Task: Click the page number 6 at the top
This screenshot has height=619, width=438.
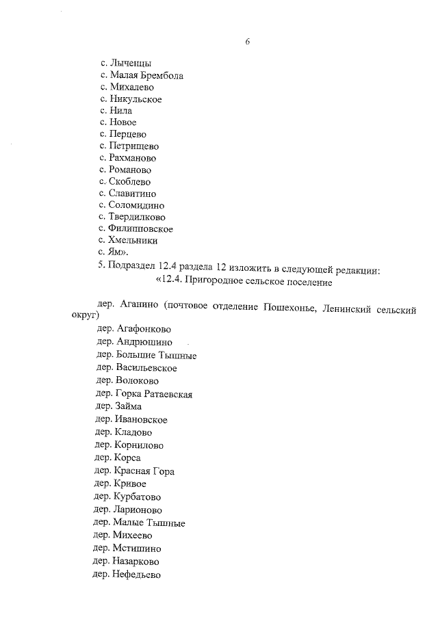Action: pyautogui.click(x=247, y=42)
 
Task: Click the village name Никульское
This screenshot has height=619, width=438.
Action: pyautogui.click(x=136, y=99)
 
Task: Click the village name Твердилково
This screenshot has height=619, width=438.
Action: pyautogui.click(x=137, y=218)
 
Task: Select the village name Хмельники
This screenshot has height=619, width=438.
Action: pyautogui.click(x=133, y=241)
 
